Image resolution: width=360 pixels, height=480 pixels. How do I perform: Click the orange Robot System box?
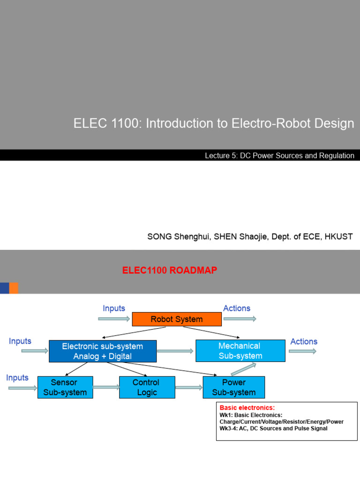[x=176, y=319]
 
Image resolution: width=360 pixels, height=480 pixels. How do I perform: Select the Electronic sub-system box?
[x=102, y=351]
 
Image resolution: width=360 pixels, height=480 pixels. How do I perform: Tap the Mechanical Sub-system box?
[x=240, y=351]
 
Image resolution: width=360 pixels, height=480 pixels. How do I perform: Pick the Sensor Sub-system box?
[x=65, y=387]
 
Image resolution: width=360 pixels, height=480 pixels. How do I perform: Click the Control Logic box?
[x=147, y=387]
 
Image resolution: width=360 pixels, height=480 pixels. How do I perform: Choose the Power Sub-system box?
[x=233, y=387]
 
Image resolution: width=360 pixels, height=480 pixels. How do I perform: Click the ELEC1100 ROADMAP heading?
[x=169, y=270]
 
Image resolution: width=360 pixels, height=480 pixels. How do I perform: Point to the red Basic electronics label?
[x=247, y=408]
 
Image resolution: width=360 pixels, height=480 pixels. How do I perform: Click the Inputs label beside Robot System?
[x=114, y=308]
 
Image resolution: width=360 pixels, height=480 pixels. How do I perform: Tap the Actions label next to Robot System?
[x=237, y=308]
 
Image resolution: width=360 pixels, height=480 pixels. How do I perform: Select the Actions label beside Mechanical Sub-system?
[x=304, y=342]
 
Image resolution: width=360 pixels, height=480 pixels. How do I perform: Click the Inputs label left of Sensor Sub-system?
[x=17, y=378]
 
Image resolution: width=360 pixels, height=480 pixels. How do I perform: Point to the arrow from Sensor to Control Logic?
[x=106, y=387]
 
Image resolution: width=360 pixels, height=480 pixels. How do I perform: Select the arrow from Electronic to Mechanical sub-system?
[x=176, y=351]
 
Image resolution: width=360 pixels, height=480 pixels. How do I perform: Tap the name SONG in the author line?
[x=159, y=236]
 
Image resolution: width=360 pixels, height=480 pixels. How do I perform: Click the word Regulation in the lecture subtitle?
[x=337, y=156]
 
